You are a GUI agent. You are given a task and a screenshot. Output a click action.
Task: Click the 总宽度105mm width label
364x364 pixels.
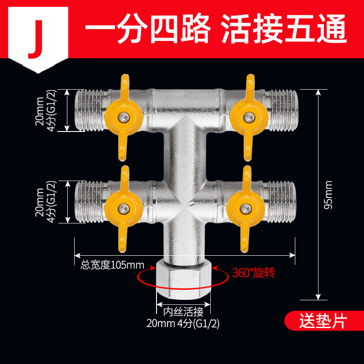[x=112, y=265]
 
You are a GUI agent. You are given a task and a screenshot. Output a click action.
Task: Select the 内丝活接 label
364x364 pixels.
[x=184, y=313]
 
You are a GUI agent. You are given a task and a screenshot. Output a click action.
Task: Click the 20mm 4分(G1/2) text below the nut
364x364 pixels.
[x=184, y=324]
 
